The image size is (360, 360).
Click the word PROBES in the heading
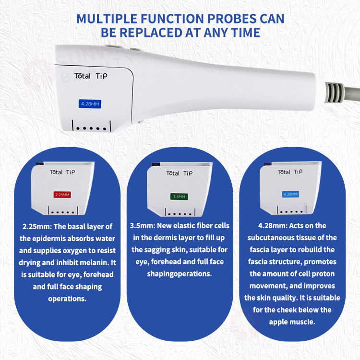(232, 19)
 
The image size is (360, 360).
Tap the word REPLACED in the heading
(151, 33)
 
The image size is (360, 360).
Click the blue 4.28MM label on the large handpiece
(90, 104)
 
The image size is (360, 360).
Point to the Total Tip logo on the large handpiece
(91, 76)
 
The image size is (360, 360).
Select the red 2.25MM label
(62, 195)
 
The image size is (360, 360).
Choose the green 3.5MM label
(179, 197)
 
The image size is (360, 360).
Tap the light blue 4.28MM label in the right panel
(290, 194)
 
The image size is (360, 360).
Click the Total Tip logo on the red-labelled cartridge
(62, 172)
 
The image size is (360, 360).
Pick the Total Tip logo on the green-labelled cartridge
(180, 173)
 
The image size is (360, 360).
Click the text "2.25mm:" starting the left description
(37, 227)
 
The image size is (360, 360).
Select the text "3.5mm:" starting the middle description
(142, 226)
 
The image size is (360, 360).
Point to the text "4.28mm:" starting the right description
(273, 226)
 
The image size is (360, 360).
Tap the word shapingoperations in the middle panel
(180, 274)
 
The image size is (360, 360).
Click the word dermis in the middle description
(167, 238)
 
